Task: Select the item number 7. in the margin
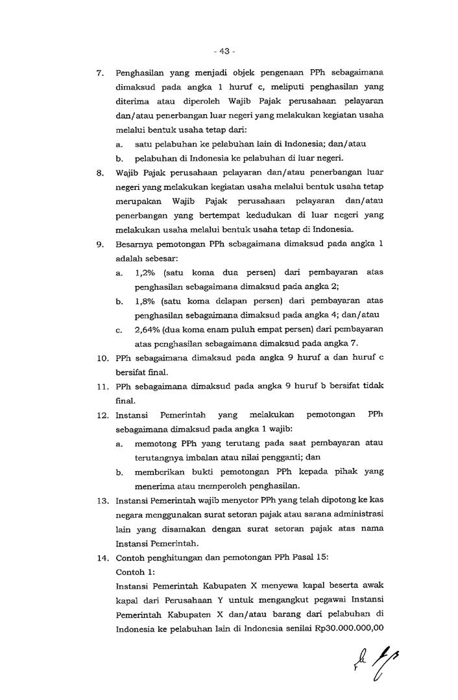(x=100, y=73)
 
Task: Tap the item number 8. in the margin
(x=100, y=173)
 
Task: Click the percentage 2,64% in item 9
(x=148, y=329)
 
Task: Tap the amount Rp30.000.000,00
(x=348, y=627)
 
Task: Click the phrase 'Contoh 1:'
(x=134, y=572)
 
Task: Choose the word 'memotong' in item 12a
(x=156, y=443)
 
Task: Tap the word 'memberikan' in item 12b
(x=160, y=471)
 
